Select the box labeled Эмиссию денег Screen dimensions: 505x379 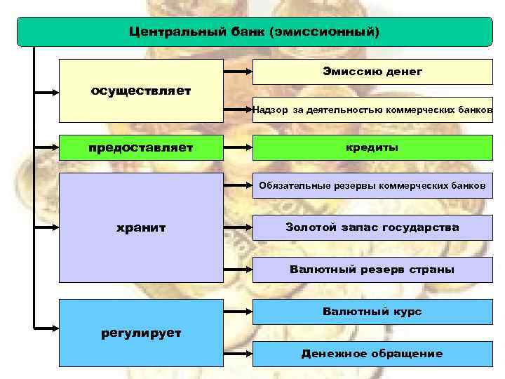[372, 71]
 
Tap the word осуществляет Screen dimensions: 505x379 [140, 92]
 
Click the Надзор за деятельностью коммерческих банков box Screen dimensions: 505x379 [372, 109]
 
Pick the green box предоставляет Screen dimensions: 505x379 [140, 148]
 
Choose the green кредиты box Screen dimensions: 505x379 [372, 148]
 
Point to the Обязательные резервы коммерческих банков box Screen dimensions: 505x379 [372, 186]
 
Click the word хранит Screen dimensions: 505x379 [140, 228]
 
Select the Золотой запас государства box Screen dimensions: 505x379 [372, 227]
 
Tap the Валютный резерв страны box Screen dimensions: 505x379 [372, 270]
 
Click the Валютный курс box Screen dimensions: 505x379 [372, 311]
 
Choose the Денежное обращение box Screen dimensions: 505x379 [372, 354]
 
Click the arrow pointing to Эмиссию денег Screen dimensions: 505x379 [238, 71]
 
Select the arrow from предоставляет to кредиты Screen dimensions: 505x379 [238, 148]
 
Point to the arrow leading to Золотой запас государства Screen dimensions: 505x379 [238, 227]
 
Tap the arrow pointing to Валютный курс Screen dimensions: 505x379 [238, 311]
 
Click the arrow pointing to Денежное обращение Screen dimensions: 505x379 [238, 354]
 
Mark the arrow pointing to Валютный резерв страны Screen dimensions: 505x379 [238, 270]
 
